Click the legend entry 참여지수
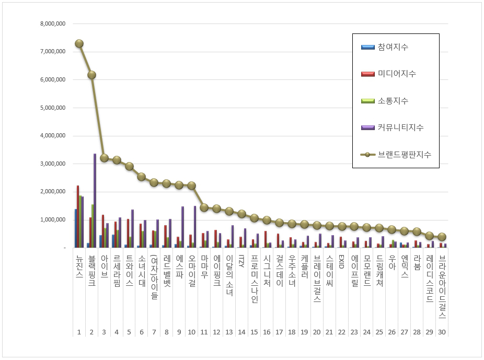pyautogui.click(x=392, y=47)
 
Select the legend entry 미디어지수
pyautogui.click(x=396, y=74)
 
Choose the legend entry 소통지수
pyautogui.click(x=392, y=101)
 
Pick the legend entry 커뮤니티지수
pyautogui.click(x=400, y=127)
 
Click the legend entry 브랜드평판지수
pyautogui.click(x=404, y=155)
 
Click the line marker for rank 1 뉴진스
pyautogui.click(x=79, y=43)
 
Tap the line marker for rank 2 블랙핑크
pyautogui.click(x=91, y=75)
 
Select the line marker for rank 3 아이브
pyautogui.click(x=104, y=157)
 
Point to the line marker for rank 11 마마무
pyautogui.click(x=204, y=207)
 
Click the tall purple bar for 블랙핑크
pyautogui.click(x=95, y=201)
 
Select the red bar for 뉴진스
pyautogui.click(x=78, y=216)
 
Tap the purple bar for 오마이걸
pyautogui.click(x=195, y=226)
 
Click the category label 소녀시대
pyautogui.click(x=142, y=272)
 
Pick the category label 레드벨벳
pyautogui.click(x=167, y=272)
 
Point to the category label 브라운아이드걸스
pyautogui.click(x=442, y=287)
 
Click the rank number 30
pyautogui.click(x=442, y=332)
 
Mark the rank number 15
pyautogui.click(x=254, y=332)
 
